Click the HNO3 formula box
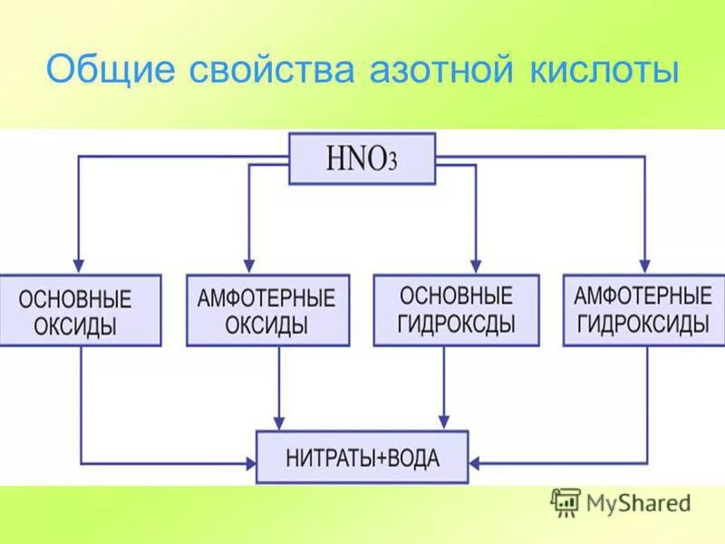(362, 159)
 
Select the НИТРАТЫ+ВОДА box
(362, 457)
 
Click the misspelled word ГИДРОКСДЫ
(456, 323)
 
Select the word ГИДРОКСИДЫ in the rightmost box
(643, 324)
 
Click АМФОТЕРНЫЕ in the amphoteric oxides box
(267, 298)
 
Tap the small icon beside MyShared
(565, 501)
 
